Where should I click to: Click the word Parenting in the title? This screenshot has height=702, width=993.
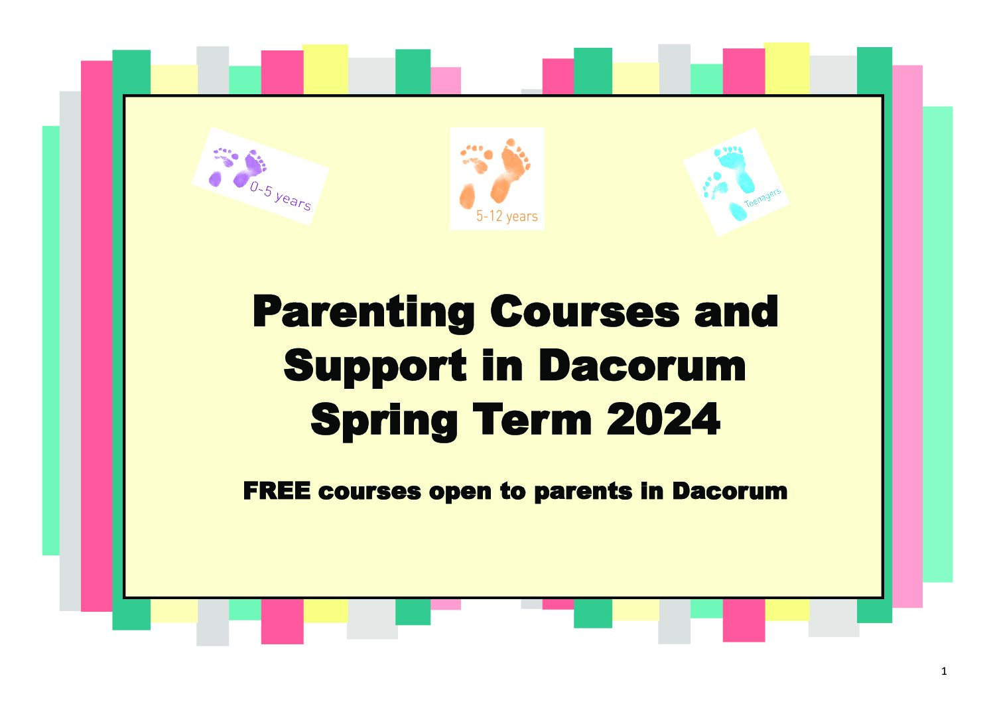click(x=364, y=314)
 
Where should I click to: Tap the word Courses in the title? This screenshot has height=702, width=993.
click(x=584, y=311)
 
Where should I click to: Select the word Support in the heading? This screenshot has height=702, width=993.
click(x=375, y=367)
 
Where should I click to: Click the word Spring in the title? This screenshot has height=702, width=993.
click(x=384, y=421)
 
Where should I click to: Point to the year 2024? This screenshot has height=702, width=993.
click(x=663, y=419)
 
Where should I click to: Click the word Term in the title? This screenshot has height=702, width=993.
click(x=533, y=419)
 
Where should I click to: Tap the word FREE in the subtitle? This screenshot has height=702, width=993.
click(x=277, y=491)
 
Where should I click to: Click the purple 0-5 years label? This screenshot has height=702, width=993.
click(x=280, y=196)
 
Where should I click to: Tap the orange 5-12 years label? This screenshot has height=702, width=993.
click(x=507, y=216)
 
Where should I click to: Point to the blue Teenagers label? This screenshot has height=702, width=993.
click(x=762, y=198)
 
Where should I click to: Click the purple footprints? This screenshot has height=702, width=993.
click(x=237, y=168)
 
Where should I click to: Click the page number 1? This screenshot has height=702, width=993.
click(x=944, y=671)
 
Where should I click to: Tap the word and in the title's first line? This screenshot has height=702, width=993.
click(x=736, y=312)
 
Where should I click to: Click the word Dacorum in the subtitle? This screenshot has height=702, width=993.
click(x=730, y=491)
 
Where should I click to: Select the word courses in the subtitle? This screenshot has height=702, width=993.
click(x=369, y=492)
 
